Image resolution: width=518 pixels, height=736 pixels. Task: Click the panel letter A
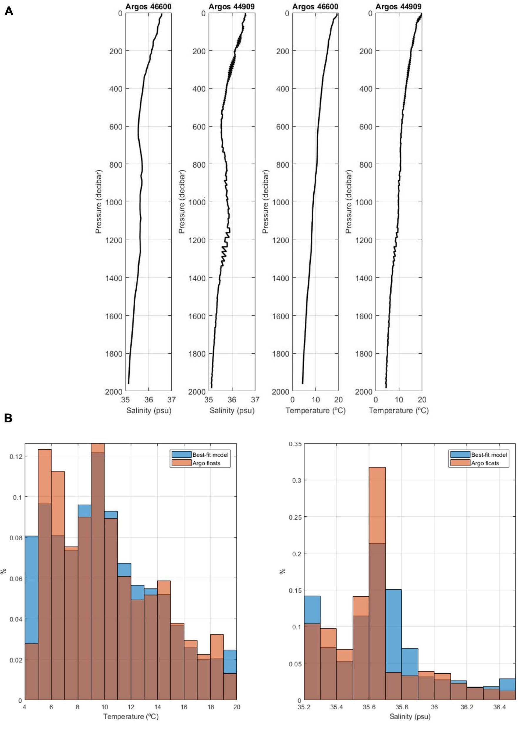(9, 11)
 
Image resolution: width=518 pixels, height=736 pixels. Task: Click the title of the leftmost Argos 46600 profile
(148, 6)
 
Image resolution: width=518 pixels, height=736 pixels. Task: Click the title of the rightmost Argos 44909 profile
(398, 6)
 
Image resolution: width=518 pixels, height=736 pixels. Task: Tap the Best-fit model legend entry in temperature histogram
(200, 455)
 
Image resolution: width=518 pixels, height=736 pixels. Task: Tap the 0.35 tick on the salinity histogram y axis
(295, 444)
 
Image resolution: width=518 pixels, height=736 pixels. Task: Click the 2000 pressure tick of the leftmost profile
(114, 392)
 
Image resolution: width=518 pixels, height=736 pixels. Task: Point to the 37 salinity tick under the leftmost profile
(172, 400)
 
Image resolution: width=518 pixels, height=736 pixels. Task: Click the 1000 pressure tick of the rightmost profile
(363, 202)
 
